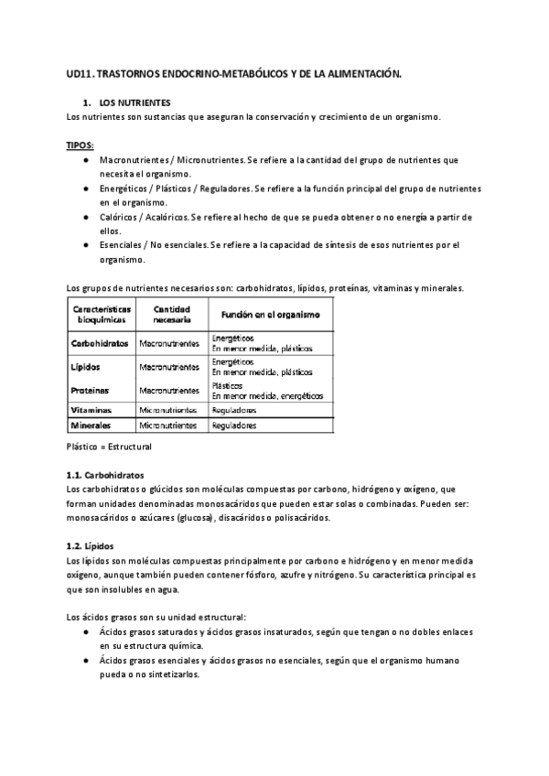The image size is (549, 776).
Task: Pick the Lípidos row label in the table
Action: [x=85, y=367]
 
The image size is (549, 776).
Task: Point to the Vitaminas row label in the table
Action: [x=92, y=411]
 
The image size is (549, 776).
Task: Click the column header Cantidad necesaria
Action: [x=171, y=315]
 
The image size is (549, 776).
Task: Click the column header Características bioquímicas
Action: [x=102, y=315]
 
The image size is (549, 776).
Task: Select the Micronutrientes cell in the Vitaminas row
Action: [x=168, y=411]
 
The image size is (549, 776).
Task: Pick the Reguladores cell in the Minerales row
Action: [x=234, y=426]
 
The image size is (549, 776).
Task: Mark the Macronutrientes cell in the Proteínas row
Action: [x=169, y=391]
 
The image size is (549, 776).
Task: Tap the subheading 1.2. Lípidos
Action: [x=91, y=546]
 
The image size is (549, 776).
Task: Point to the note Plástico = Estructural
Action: [x=110, y=447]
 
